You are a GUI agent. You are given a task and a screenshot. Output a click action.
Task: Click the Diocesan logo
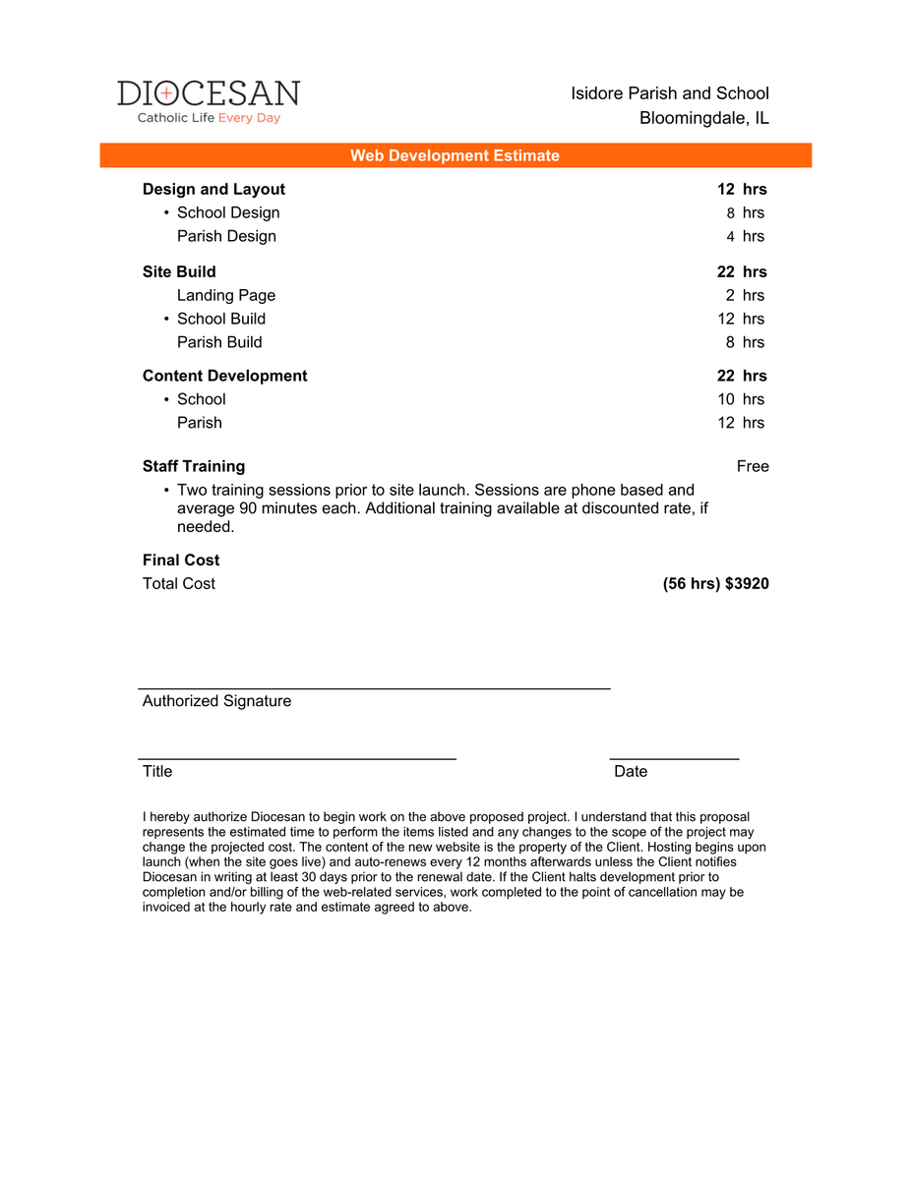209,101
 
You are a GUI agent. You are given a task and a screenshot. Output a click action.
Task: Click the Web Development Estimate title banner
455,155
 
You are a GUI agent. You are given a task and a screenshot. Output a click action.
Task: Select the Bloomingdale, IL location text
703,119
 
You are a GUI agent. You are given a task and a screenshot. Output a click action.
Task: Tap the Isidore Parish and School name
670,93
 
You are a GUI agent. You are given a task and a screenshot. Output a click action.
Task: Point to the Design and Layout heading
213,189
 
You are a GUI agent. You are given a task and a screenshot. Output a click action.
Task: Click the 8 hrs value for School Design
745,212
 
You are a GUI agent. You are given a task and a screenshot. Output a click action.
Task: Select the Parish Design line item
226,236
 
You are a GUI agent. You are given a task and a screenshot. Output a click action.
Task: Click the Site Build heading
179,271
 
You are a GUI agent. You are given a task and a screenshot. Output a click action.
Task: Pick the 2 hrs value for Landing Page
745,295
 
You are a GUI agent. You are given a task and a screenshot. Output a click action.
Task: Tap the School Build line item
220,319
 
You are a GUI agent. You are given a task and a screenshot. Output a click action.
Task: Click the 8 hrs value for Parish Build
745,342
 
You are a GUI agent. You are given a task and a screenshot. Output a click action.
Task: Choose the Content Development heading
224,376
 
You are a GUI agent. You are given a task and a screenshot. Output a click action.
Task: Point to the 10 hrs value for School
741,399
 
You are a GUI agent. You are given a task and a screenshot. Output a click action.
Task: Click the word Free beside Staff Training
753,466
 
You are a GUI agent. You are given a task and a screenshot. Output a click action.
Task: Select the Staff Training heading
194,466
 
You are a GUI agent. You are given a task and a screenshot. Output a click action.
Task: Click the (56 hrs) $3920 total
716,584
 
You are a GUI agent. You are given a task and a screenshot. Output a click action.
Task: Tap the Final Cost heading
181,560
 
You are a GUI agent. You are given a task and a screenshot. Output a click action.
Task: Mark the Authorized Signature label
216,701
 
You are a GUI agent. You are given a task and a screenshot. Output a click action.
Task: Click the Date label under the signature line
631,772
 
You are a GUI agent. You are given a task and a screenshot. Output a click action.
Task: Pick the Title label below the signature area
157,772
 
